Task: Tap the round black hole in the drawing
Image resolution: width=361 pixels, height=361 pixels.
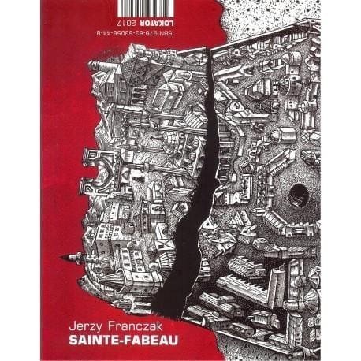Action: coord(298,194)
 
